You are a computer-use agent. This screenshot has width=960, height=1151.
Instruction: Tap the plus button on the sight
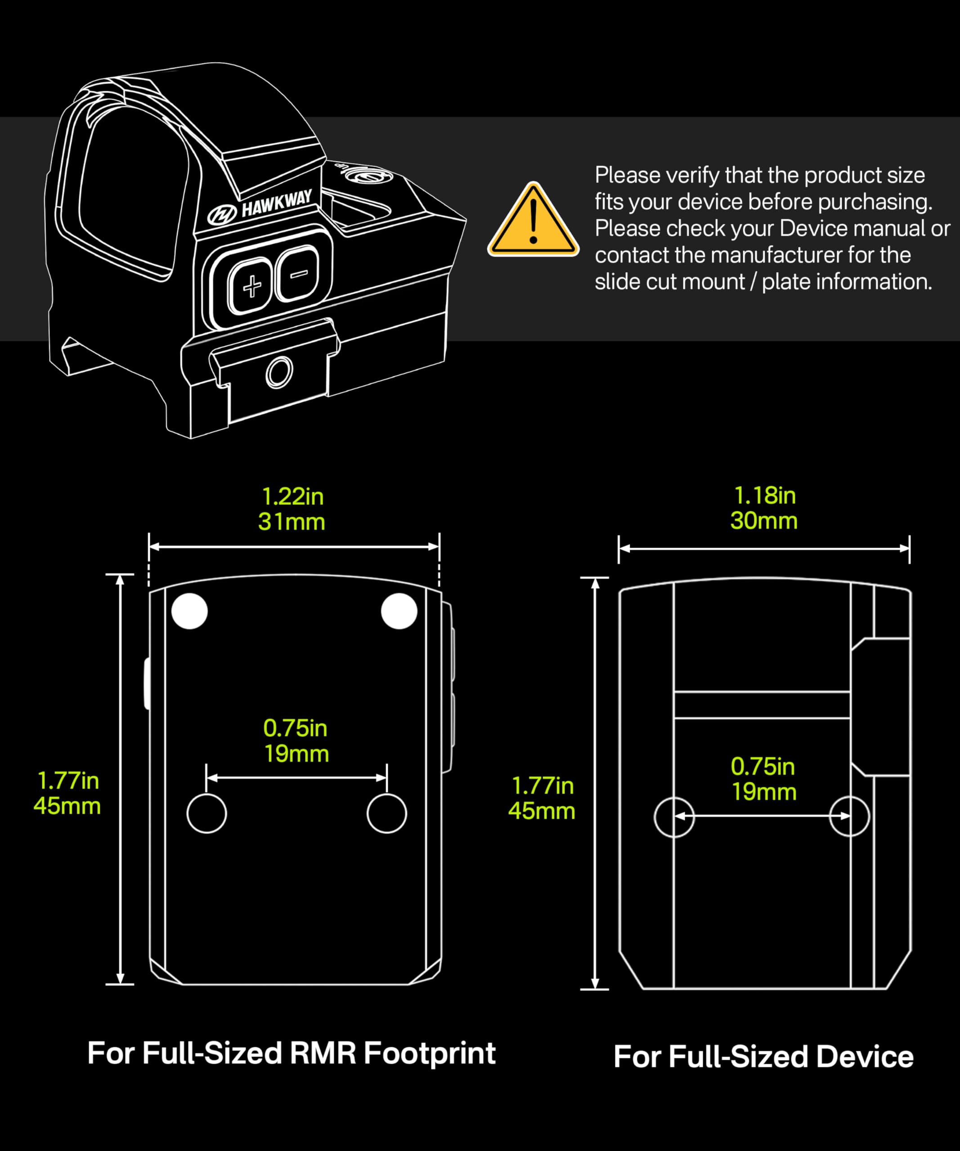(x=251, y=286)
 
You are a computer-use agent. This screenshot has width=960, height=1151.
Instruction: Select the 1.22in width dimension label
(x=293, y=496)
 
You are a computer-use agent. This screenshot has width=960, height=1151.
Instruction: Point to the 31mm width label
(x=292, y=522)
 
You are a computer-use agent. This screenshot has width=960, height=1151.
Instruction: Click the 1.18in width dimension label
(x=764, y=495)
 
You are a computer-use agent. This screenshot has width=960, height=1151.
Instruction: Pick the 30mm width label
(x=764, y=521)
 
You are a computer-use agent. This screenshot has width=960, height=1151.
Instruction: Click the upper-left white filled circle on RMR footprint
(x=190, y=611)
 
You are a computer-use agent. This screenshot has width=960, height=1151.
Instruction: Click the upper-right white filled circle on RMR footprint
(x=399, y=611)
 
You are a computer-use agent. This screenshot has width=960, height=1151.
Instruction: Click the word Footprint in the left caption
(x=430, y=1054)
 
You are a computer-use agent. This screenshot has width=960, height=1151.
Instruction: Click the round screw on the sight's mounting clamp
(x=279, y=372)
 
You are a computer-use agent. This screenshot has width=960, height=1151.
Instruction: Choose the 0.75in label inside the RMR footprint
(x=295, y=728)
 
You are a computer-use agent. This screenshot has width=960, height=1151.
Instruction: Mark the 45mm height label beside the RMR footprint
(x=67, y=806)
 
